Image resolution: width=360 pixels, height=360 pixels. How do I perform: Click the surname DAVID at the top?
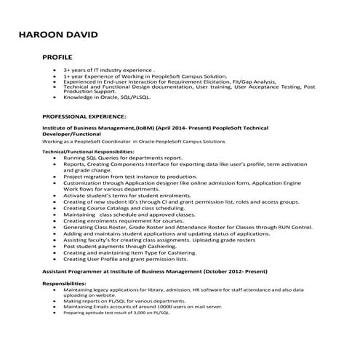click(x=84, y=35)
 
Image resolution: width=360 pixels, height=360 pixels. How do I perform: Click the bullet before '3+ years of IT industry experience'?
click(x=55, y=71)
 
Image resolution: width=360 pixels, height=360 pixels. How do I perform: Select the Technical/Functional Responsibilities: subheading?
click(x=88, y=152)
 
